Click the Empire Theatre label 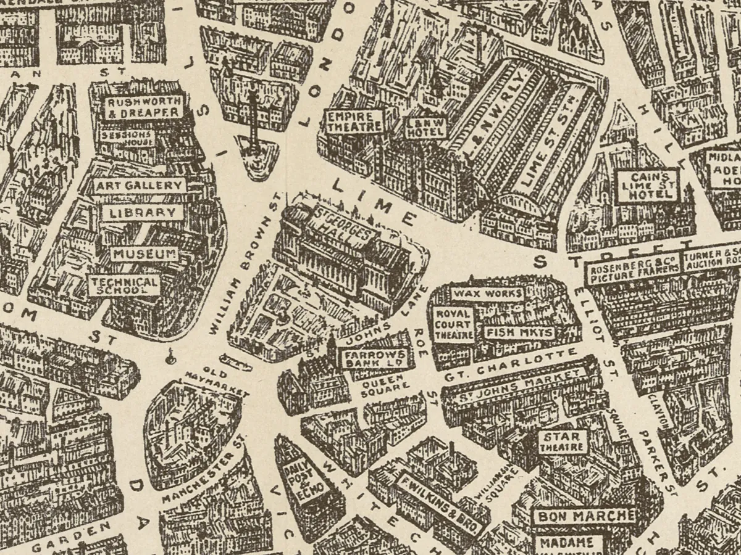[354, 121]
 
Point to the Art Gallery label [140, 186]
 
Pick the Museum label [144, 254]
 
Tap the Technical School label [125, 285]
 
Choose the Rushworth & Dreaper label [143, 107]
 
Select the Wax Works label [487, 294]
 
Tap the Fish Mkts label [519, 332]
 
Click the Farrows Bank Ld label [375, 359]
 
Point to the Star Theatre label [563, 442]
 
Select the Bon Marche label [584, 516]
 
